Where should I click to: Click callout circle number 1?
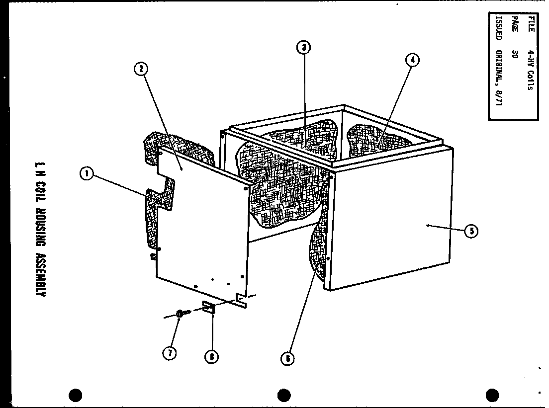tap(87, 173)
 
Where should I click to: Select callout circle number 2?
tap(141, 69)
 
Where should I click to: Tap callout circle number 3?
tap(303, 47)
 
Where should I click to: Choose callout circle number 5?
tap(470, 231)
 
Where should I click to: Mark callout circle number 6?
tap(287, 358)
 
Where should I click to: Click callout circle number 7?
tap(170, 352)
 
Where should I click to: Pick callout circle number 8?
tap(212, 356)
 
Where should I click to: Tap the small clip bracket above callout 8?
tap(208, 308)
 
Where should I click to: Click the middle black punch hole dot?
tap(284, 395)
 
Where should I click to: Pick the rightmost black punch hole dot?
tap(492, 395)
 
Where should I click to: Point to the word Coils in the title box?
tap(531, 80)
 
